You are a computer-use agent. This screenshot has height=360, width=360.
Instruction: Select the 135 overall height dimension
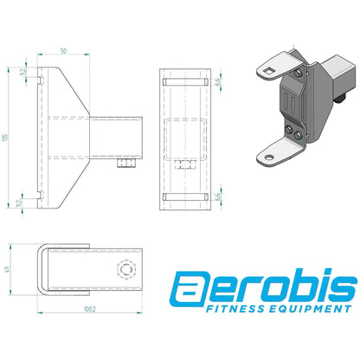coord(7,135)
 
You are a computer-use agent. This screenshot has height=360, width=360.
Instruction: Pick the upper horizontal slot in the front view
coord(183,81)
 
